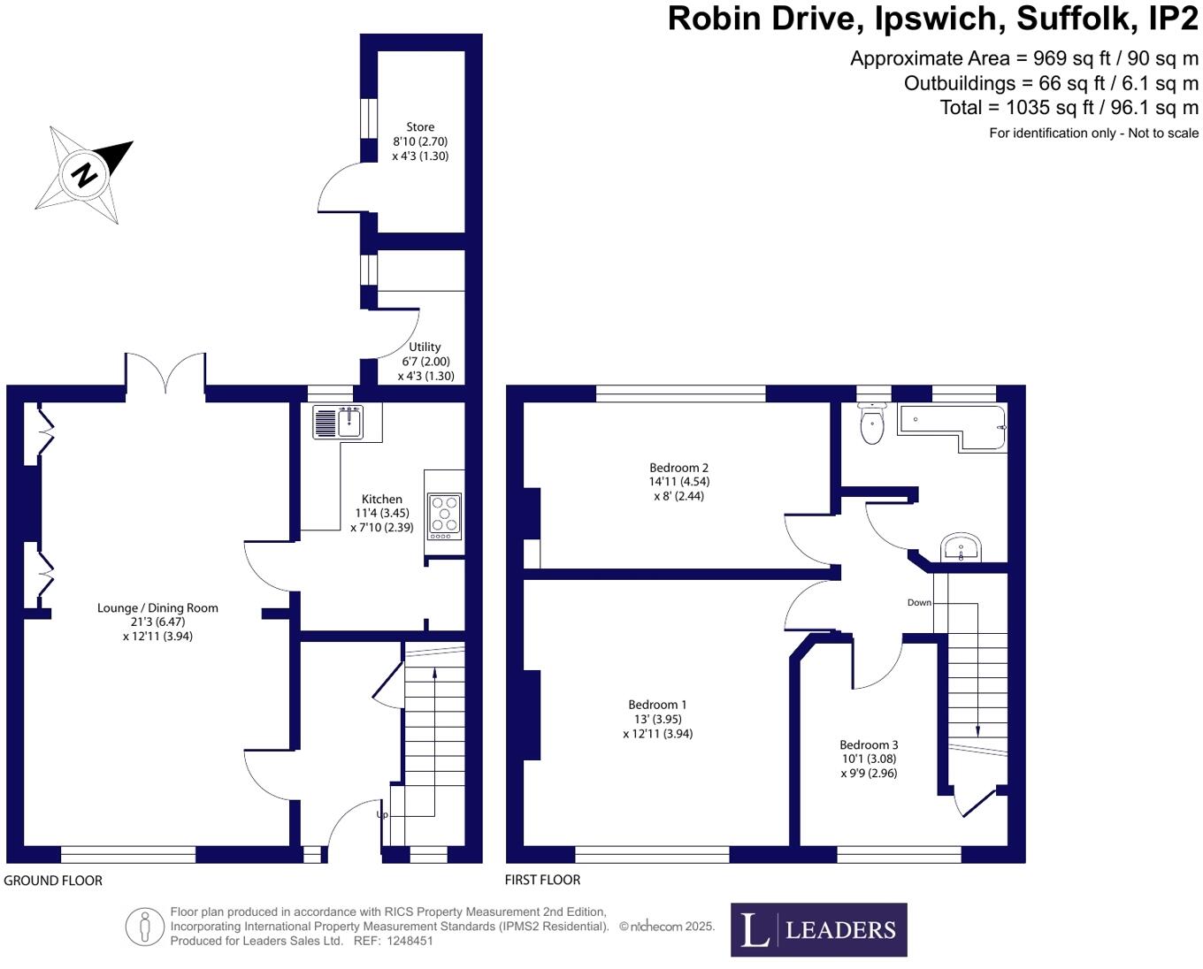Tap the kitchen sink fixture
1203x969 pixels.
point(338,422)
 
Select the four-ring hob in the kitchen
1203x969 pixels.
point(444,515)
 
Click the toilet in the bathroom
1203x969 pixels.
point(872,424)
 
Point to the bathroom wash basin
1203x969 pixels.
point(961,547)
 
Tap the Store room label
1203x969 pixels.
point(420,127)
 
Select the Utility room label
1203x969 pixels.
point(425,347)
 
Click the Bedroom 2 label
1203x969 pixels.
point(678,468)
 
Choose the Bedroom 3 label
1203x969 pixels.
point(869,744)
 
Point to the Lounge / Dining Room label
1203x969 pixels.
point(157,608)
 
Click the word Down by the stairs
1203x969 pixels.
point(919,603)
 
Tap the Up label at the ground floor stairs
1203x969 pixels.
point(382,814)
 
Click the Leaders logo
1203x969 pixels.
point(818,929)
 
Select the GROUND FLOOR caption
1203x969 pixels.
point(53,881)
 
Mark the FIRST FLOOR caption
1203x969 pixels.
point(542,880)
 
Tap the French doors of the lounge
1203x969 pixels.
point(165,373)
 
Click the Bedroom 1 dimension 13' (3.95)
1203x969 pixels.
point(657,720)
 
